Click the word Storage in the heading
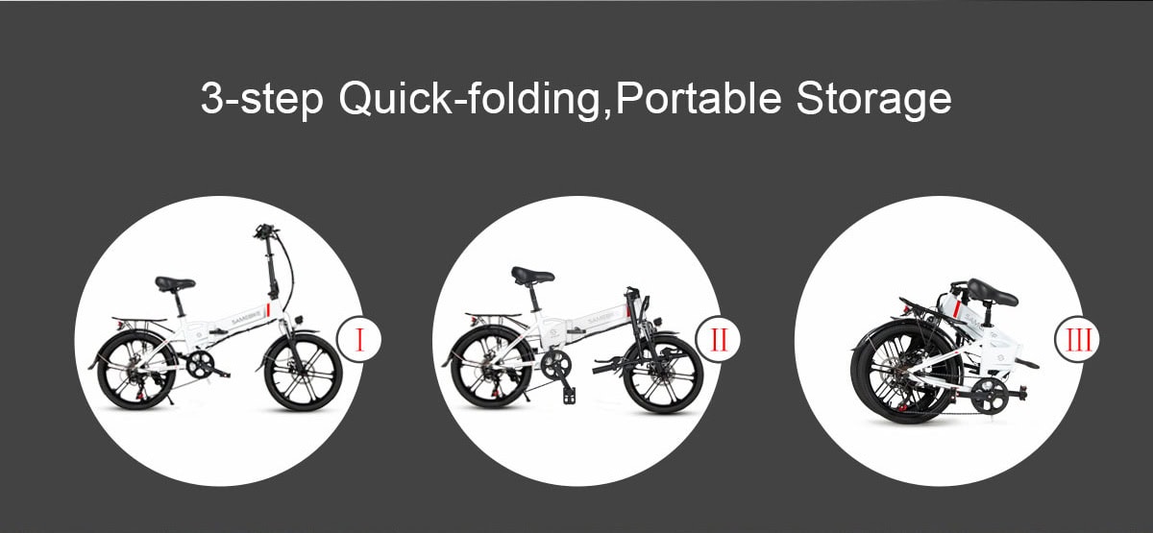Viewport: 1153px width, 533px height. (873, 98)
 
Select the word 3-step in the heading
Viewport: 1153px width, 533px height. (262, 99)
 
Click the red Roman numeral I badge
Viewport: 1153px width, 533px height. (359, 340)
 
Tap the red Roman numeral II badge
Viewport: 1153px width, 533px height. (718, 340)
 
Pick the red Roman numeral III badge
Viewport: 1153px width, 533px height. (1077, 340)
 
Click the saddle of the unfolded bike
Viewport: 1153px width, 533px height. (175, 283)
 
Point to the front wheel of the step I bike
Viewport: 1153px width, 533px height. (304, 373)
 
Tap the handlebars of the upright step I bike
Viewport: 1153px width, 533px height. (265, 231)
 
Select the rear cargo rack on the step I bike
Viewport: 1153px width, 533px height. (139, 321)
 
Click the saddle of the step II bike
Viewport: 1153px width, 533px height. (532, 275)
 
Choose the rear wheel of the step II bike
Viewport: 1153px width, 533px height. (492, 369)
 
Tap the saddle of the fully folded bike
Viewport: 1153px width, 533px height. (992, 292)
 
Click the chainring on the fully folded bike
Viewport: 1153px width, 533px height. (990, 396)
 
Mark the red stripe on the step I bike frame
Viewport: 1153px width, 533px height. (268, 311)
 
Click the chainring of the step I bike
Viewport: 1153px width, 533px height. (200, 364)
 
